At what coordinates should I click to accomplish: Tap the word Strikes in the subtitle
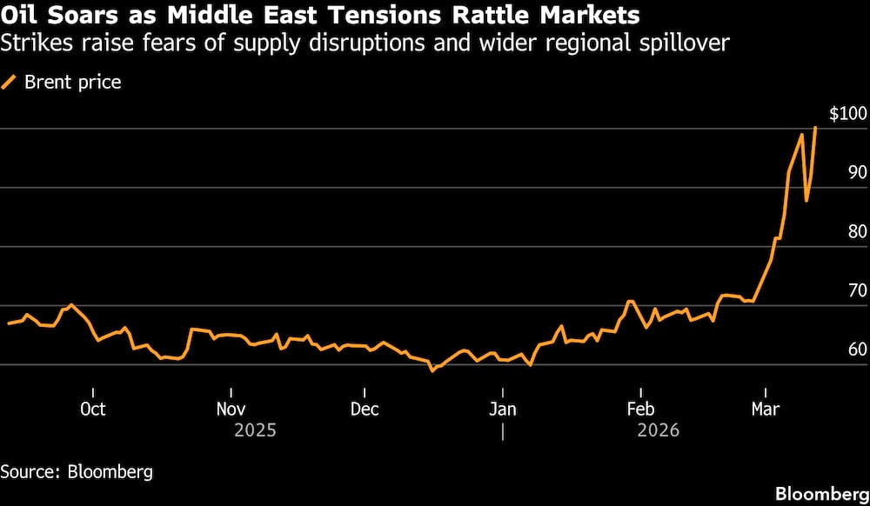(x=32, y=42)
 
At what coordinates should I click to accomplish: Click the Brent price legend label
(x=72, y=83)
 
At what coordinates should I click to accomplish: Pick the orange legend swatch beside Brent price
(x=10, y=83)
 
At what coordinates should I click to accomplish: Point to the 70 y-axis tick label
(x=856, y=290)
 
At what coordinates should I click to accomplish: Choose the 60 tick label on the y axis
(x=856, y=350)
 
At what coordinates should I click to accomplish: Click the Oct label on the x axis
(x=92, y=409)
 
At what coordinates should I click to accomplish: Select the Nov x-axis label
(x=231, y=409)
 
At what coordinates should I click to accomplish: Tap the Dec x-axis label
(x=365, y=409)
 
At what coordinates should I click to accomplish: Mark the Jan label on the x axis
(x=503, y=409)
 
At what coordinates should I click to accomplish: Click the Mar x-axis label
(x=766, y=409)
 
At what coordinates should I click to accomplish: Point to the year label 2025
(x=255, y=430)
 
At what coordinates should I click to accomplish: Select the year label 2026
(x=658, y=430)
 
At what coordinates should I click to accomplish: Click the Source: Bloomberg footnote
(x=77, y=472)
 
